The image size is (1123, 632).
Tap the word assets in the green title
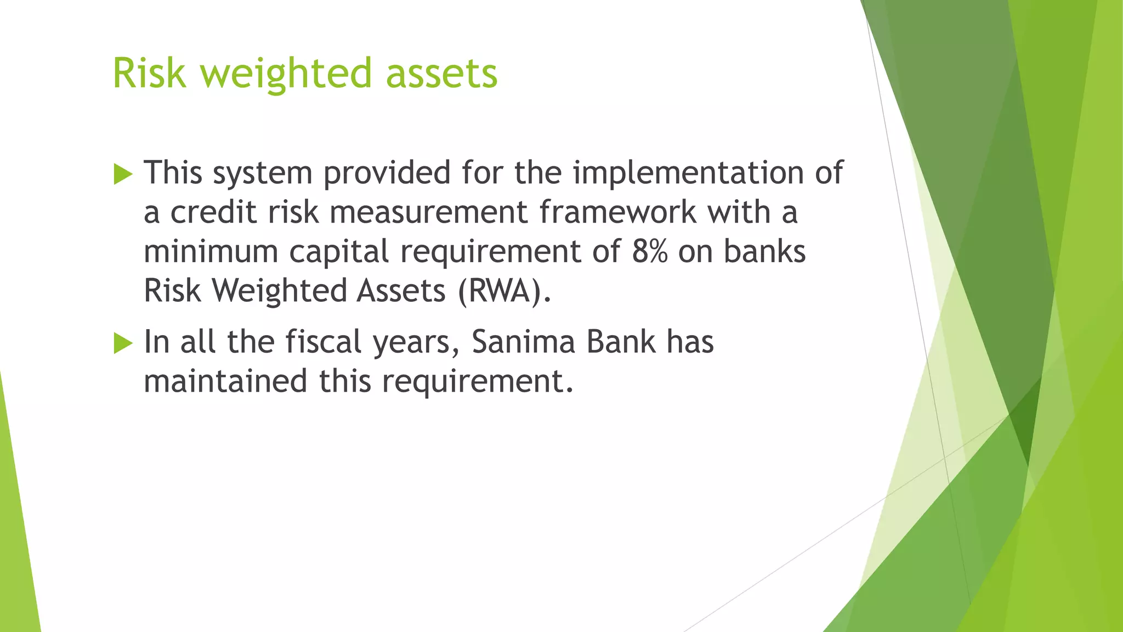(441, 74)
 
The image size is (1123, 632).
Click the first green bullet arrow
(123, 174)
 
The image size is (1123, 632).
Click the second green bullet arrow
(123, 344)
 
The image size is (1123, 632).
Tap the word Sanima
(523, 342)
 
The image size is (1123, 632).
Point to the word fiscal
(324, 342)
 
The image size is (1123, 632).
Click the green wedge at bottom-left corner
(16, 549)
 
